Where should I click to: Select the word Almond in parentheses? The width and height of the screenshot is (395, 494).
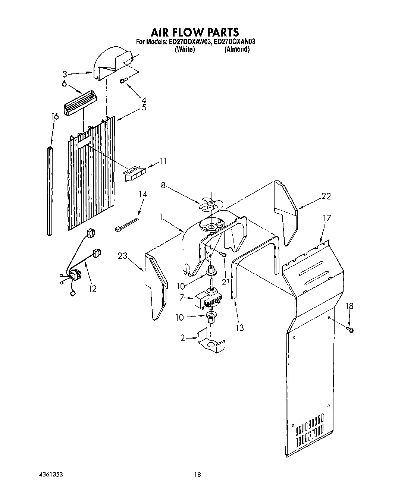click(x=237, y=49)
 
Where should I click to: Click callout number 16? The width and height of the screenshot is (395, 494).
click(x=55, y=117)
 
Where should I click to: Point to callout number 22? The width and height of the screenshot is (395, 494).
click(x=326, y=196)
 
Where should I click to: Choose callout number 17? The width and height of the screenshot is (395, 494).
click(x=327, y=218)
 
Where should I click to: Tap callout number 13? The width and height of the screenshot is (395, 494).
click(x=240, y=328)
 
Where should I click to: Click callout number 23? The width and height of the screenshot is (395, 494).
click(x=122, y=256)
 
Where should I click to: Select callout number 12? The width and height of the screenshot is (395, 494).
click(x=92, y=288)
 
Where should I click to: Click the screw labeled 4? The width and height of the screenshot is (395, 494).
click(x=123, y=81)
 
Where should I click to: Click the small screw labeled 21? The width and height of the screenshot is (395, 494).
click(x=223, y=254)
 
